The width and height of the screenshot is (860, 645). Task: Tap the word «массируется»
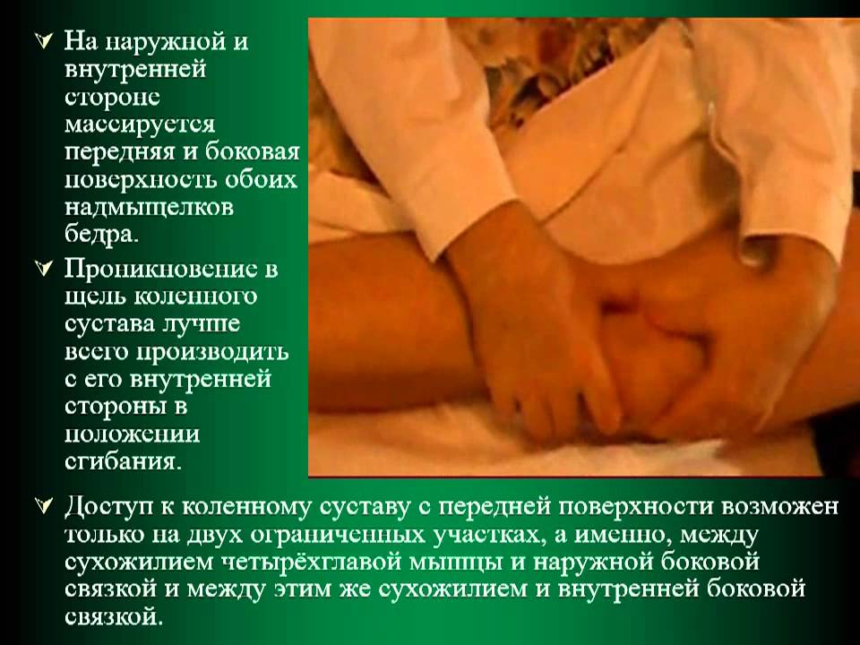tap(140, 125)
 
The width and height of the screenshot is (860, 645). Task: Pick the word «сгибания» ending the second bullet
tap(123, 462)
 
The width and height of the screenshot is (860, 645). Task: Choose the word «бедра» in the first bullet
tap(101, 235)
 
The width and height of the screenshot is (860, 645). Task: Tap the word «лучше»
tap(201, 324)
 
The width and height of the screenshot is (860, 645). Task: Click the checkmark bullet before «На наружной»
tap(43, 42)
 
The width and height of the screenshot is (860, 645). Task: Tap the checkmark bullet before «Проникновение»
tap(43, 269)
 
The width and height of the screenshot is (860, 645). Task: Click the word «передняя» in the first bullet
tap(120, 153)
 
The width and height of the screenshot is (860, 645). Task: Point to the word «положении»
tap(133, 434)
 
